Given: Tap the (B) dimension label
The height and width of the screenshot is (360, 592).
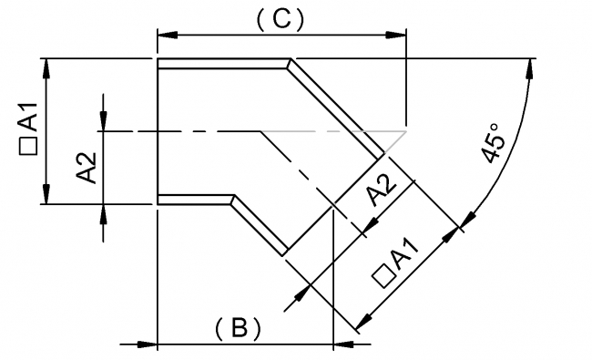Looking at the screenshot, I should [239, 327].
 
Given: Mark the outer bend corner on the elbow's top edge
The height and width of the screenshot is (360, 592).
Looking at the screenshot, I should [291, 63].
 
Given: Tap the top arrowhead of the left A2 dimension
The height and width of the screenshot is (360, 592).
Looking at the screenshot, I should [105, 120].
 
